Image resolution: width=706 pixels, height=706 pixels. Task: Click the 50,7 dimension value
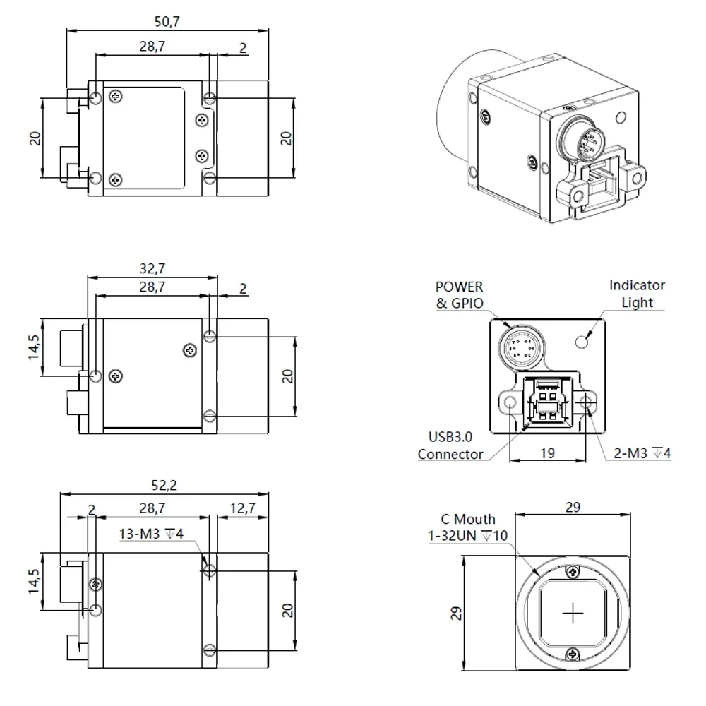click(x=167, y=21)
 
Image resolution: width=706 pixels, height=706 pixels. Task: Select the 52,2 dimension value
click(x=163, y=485)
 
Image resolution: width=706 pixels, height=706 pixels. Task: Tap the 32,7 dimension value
click(x=152, y=268)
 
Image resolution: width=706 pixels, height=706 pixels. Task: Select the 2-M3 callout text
click(x=641, y=453)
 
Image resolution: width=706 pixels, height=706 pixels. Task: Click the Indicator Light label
click(x=637, y=294)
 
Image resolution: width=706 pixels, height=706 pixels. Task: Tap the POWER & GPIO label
click(x=460, y=295)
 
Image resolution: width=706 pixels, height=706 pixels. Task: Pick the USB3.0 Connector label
click(x=450, y=446)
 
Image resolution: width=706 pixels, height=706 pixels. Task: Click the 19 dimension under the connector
click(x=547, y=454)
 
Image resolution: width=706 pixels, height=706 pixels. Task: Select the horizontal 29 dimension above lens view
click(x=573, y=508)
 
